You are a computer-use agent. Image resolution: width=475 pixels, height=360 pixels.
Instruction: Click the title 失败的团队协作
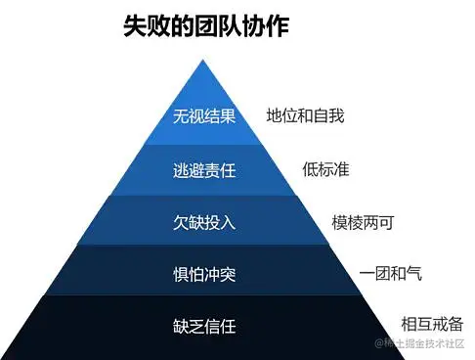[206, 26]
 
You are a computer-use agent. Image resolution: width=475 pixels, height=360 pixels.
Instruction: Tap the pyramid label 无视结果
[204, 116]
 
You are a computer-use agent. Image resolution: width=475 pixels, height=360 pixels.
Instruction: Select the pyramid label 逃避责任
[204, 170]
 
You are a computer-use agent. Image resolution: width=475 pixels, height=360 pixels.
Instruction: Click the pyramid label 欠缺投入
[204, 222]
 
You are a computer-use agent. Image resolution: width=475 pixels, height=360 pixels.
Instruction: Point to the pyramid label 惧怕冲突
[204, 274]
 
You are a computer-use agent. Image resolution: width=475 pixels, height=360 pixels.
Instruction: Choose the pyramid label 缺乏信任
[204, 326]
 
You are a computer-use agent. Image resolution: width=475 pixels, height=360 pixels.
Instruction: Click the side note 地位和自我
[305, 116]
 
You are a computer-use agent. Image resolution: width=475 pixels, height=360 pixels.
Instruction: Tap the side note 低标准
[325, 169]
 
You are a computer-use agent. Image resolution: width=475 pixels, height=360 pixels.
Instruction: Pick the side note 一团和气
[391, 274]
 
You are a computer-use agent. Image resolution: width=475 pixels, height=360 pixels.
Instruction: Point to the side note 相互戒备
[432, 324]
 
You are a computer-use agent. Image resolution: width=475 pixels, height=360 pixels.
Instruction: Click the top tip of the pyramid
[204, 61]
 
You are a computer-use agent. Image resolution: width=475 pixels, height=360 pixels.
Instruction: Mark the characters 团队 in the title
[206, 26]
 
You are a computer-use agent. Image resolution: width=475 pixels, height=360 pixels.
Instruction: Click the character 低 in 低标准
[310, 169]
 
